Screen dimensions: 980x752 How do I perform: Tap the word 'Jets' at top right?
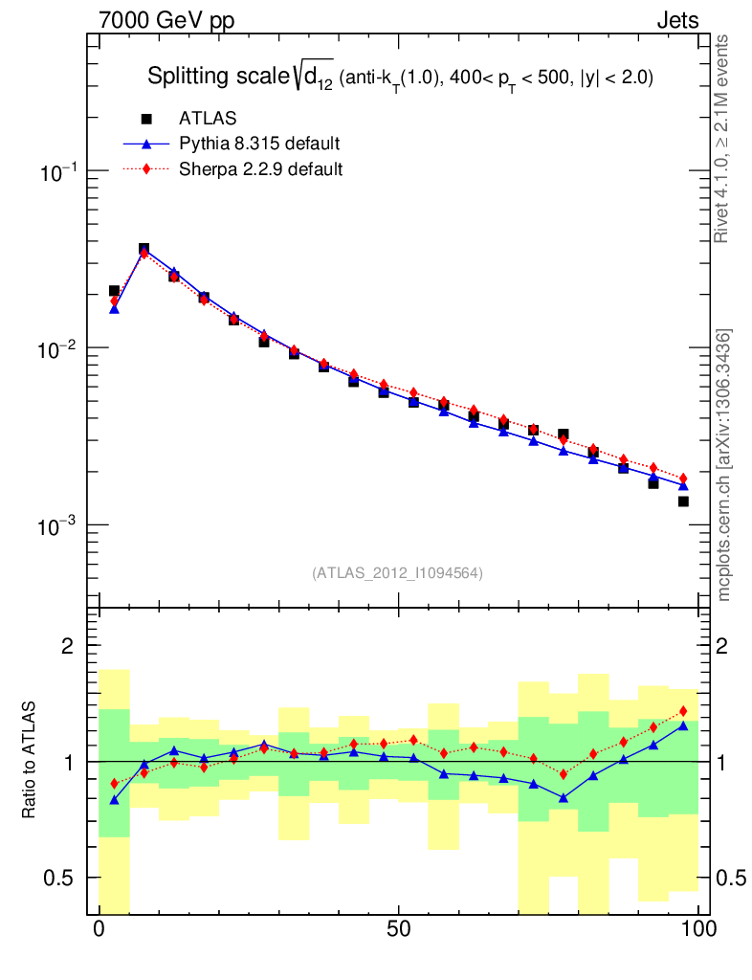(676, 20)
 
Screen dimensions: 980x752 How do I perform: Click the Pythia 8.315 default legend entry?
(259, 145)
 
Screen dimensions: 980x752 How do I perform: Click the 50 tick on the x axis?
(399, 929)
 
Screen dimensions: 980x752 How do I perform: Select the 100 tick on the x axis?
(698, 929)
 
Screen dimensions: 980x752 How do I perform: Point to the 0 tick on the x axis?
(100, 929)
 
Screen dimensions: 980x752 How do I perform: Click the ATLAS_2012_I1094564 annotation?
(397, 573)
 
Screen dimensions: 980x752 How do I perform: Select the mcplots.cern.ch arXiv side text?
(724, 465)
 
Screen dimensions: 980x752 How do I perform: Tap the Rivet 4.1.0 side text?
(724, 139)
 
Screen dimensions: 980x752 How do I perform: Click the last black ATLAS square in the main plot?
(683, 501)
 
